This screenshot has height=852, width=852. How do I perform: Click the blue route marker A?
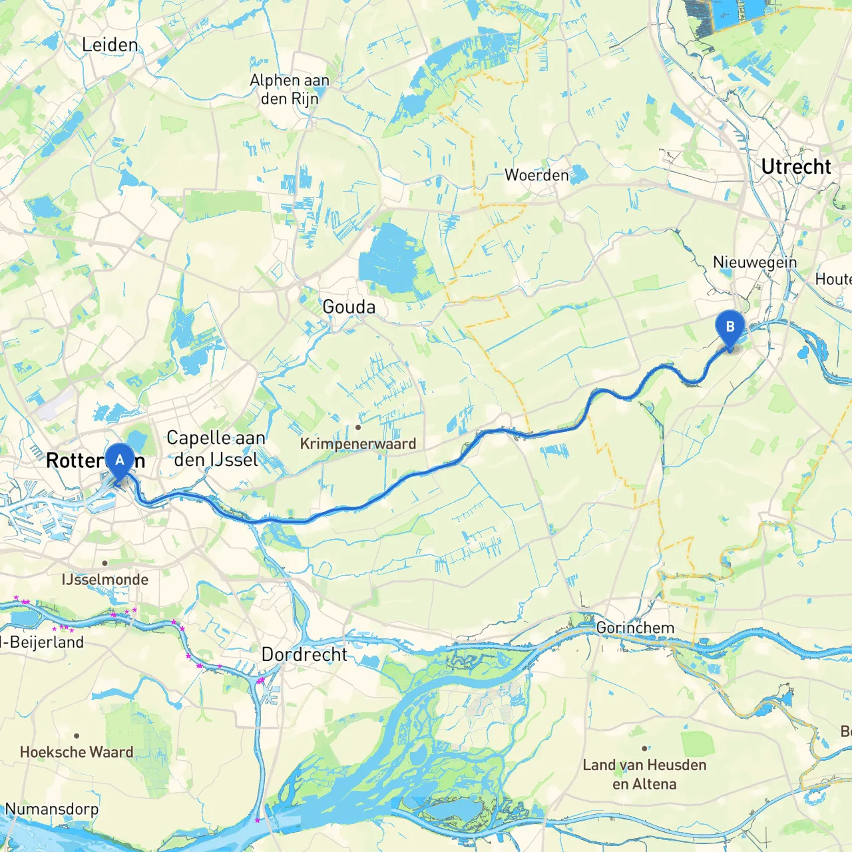120,461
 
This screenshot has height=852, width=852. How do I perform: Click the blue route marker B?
730,327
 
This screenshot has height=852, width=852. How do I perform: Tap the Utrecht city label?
795,166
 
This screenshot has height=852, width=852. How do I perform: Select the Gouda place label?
349,307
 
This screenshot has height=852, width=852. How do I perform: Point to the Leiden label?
110,45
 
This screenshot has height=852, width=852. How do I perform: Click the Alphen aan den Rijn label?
290,89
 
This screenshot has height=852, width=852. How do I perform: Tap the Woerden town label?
536,175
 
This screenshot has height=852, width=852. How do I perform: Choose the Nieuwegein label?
754,262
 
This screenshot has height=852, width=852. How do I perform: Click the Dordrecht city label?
304,654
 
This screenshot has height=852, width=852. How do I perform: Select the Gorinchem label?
635,628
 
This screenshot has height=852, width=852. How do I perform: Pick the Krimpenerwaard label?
357,443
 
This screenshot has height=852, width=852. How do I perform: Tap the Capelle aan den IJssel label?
216,449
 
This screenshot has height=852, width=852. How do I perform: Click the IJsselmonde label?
105,579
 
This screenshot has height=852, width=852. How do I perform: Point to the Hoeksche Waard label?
77,752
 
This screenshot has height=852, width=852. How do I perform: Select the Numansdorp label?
52,809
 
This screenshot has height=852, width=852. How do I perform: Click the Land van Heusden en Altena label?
644,774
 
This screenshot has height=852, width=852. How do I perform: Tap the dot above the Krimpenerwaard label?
358,427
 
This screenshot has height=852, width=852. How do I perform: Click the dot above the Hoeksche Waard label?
77,736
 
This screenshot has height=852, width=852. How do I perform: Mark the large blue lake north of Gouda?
389,260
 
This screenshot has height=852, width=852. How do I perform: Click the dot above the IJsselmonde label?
105,563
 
